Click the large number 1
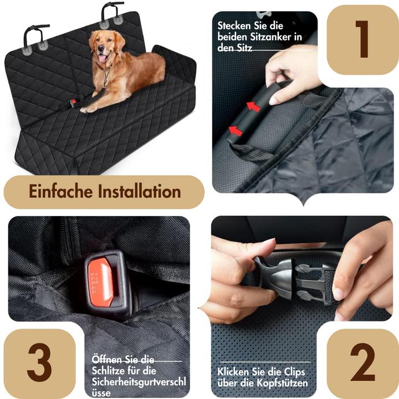point(362,40)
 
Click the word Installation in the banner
point(139,192)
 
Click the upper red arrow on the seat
point(254,106)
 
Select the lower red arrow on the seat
point(236,131)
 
